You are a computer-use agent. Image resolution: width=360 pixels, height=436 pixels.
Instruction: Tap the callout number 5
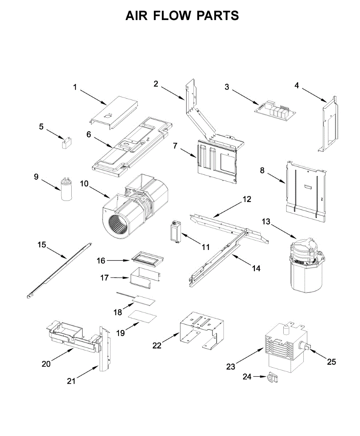(41, 127)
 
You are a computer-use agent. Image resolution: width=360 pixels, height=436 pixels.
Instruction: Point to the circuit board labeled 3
(275, 109)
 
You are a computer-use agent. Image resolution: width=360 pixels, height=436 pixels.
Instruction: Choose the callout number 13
(266, 222)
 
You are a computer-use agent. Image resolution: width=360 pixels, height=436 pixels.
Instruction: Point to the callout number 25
(331, 362)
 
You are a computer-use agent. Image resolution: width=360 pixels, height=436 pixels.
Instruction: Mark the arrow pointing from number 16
(117, 260)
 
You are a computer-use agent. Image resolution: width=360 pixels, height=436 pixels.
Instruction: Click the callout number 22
(157, 346)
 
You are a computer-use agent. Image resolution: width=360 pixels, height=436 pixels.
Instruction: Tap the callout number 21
(71, 381)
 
